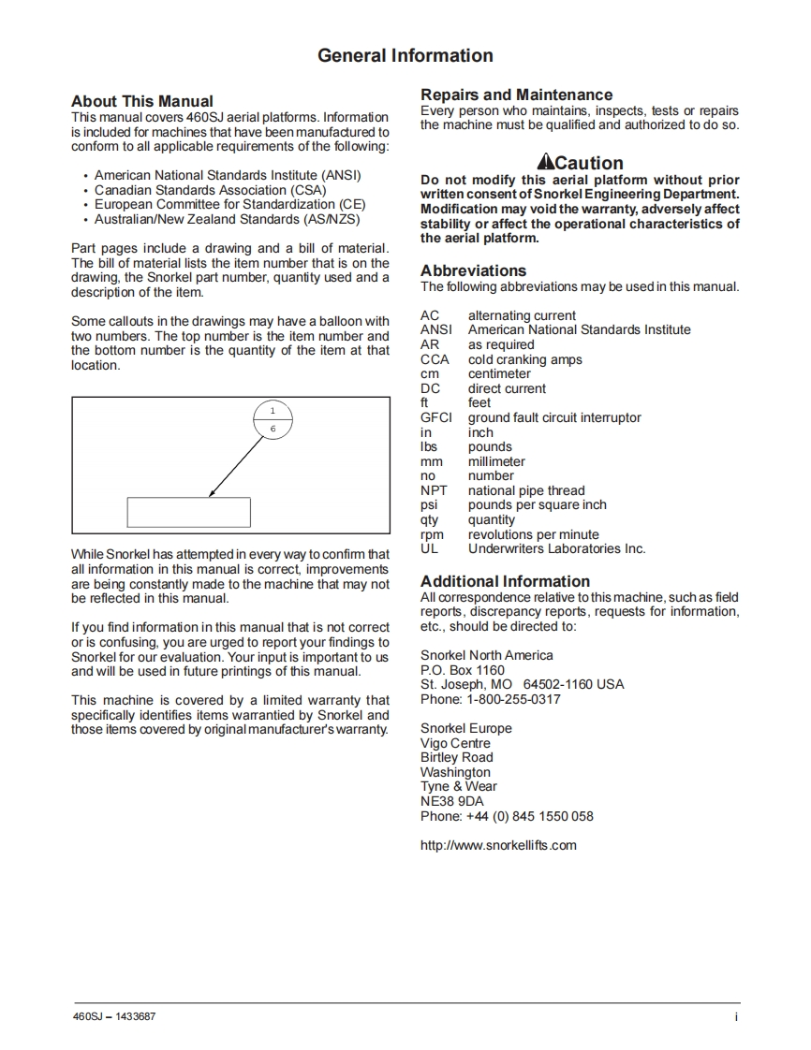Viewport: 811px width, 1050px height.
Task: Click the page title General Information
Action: pos(405,55)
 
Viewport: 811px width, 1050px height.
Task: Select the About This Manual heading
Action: pos(142,101)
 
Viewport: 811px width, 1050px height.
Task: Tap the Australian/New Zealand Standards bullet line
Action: pos(227,219)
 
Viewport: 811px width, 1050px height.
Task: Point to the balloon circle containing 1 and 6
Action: pos(273,419)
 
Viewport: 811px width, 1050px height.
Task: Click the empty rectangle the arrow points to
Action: pos(188,512)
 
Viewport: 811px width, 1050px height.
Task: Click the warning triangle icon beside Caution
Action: pos(545,162)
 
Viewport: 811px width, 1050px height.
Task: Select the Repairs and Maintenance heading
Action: pos(516,95)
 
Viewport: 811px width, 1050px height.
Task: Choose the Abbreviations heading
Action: pos(473,270)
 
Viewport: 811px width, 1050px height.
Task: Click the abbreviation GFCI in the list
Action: pos(435,417)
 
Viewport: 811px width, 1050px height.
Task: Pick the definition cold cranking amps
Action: pos(524,359)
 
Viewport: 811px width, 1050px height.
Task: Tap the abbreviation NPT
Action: pos(434,490)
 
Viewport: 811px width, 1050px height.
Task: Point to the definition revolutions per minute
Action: pos(533,534)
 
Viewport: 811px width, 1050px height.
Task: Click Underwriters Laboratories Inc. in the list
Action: pos(556,548)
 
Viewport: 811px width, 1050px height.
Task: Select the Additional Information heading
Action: pos(505,581)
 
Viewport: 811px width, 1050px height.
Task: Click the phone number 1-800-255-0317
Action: pos(513,699)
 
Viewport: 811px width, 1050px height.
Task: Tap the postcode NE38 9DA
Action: pos(451,801)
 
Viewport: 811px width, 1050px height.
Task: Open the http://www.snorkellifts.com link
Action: pos(498,845)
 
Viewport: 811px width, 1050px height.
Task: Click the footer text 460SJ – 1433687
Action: pos(114,1016)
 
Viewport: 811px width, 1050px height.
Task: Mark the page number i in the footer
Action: pos(736,1016)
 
